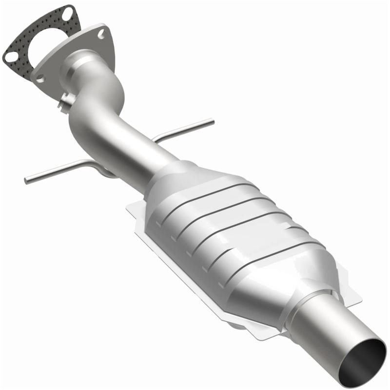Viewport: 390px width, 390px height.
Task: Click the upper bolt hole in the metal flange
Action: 101,34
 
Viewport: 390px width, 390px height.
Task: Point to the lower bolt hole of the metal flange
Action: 40,77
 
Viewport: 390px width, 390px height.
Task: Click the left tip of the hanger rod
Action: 26,180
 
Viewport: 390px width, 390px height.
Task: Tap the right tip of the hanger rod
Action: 212,120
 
